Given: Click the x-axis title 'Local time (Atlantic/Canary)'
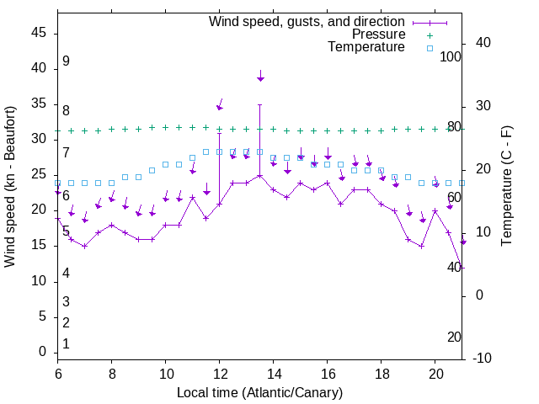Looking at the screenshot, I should click(259, 393).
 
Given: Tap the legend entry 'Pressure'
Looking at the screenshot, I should click(378, 35).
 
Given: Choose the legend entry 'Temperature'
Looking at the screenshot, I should click(366, 47).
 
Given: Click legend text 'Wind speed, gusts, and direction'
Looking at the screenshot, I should click(307, 21).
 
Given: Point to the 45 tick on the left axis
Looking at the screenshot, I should click(39, 32).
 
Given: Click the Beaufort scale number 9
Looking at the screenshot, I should click(66, 61).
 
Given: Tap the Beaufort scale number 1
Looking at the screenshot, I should click(66, 343).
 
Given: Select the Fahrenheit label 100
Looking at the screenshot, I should click(451, 56).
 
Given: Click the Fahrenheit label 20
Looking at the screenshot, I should click(455, 337).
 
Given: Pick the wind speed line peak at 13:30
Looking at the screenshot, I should click(260, 176).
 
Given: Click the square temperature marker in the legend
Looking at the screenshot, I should click(429, 48).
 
